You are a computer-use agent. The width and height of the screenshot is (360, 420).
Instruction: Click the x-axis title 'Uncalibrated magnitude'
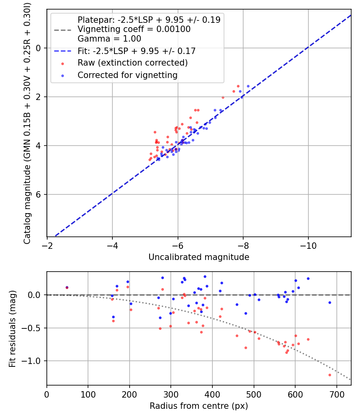[199, 257]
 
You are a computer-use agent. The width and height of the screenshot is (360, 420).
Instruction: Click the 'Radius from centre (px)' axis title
[199, 406]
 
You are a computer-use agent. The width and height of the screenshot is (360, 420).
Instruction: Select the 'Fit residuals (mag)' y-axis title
[12, 328]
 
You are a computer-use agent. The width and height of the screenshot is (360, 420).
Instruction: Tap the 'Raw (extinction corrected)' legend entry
[132, 63]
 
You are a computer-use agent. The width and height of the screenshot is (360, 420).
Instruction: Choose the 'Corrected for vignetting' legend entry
[127, 75]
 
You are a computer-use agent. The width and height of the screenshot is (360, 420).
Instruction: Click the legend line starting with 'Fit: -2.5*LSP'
[136, 51]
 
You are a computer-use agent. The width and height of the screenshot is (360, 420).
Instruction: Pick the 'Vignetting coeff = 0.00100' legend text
[134, 29]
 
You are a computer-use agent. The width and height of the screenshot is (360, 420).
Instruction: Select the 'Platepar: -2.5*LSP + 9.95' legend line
[149, 20]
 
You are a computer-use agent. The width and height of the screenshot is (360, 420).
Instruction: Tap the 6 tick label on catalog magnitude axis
[38, 194]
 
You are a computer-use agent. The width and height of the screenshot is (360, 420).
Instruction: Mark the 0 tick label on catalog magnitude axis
[38, 48]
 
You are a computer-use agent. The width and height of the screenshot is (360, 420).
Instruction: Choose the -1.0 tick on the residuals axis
[34, 361]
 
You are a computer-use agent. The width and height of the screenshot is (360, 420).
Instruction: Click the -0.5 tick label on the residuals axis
[34, 328]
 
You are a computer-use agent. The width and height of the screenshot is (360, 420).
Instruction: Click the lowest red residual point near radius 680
[330, 375]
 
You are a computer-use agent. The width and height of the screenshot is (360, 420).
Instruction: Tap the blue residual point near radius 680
[330, 302]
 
